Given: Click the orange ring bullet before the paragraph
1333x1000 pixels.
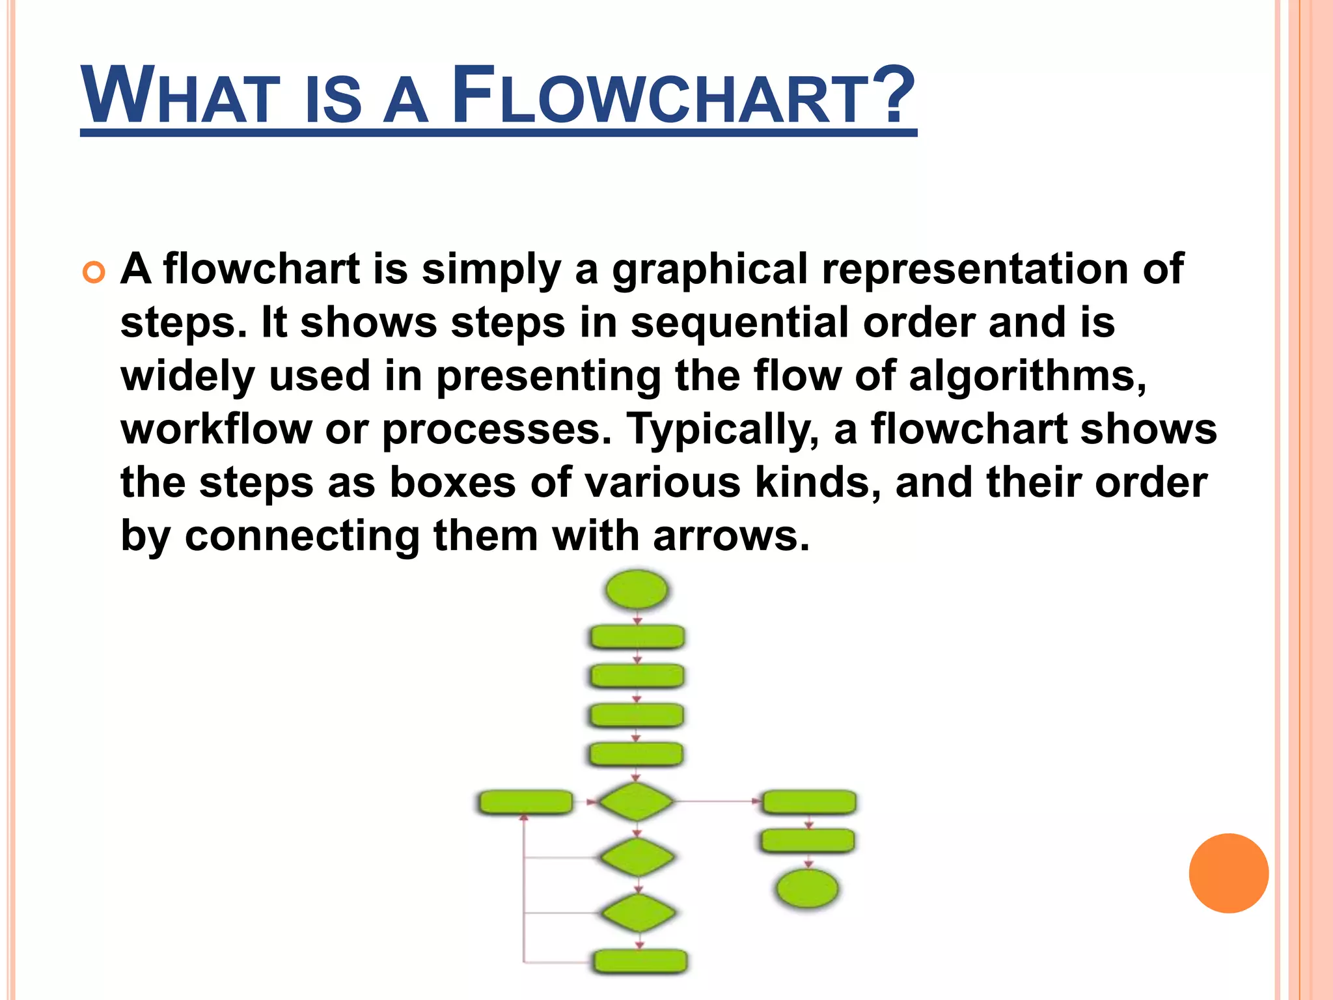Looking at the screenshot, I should [x=94, y=272].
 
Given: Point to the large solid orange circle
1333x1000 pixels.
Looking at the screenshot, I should [x=1228, y=873].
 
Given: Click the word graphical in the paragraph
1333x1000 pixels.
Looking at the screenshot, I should [x=709, y=270].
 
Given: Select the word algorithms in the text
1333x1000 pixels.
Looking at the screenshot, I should [x=1026, y=376].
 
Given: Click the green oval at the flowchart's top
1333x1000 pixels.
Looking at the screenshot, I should [x=637, y=590].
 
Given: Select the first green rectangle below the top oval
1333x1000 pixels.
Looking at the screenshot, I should [x=637, y=637].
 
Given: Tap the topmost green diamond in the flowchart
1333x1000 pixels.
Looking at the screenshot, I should [x=636, y=801].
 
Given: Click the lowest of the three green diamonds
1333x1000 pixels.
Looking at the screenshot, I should [x=639, y=912].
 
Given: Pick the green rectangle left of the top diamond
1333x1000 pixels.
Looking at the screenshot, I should [x=525, y=802].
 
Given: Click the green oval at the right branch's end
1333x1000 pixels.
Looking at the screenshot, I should [x=808, y=889].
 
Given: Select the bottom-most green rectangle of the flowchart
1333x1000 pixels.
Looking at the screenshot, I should [x=640, y=961].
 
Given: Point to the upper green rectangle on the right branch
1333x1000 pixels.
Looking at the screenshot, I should [x=808, y=802].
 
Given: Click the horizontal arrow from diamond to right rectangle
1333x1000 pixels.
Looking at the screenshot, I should [x=716, y=801].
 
